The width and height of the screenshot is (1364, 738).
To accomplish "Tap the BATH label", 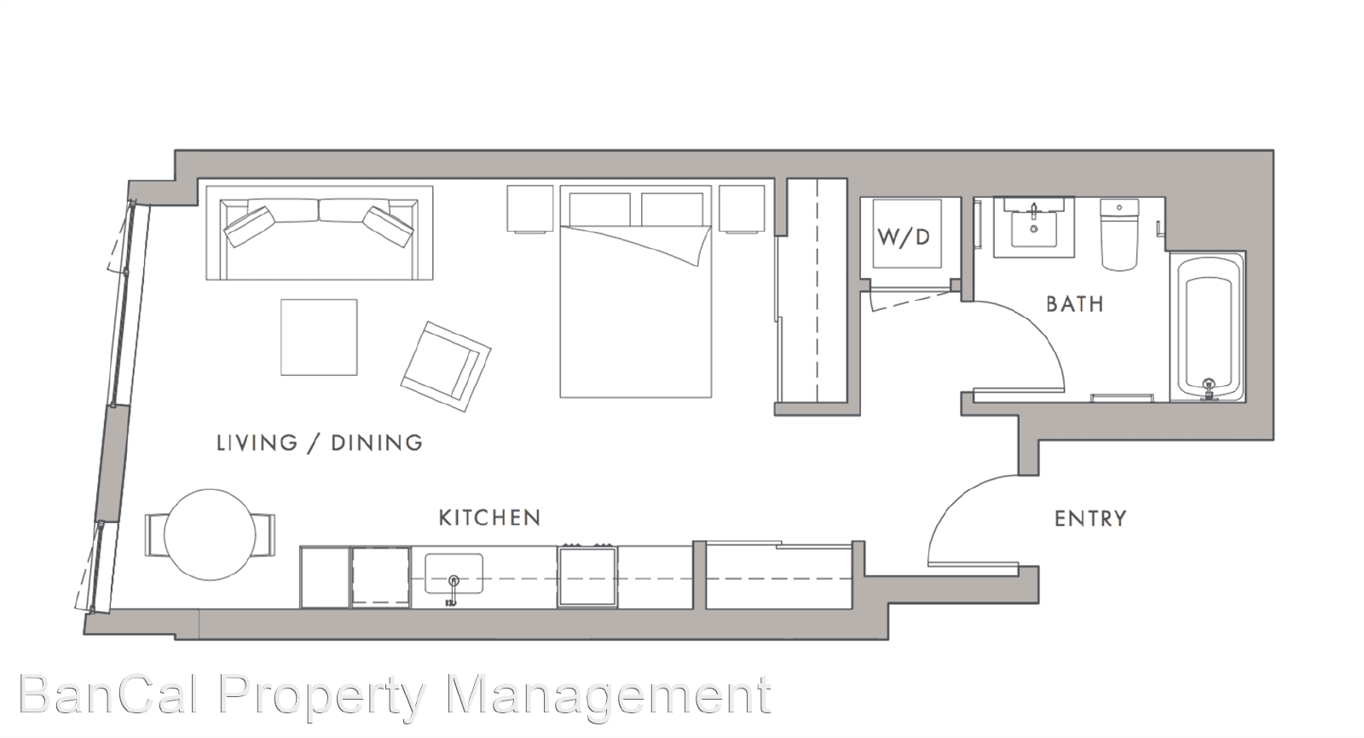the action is pyautogui.click(x=1075, y=304).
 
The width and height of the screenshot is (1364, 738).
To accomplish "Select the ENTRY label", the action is pyautogui.click(x=1090, y=519).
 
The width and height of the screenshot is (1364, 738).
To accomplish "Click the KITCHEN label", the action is pyautogui.click(x=489, y=517).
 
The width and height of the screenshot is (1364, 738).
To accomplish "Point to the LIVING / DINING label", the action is pyautogui.click(x=320, y=442).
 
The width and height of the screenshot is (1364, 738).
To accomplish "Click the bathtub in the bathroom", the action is pyautogui.click(x=1209, y=327).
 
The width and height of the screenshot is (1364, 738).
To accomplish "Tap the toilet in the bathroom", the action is pyautogui.click(x=1119, y=234).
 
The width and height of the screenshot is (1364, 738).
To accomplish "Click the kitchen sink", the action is pyautogui.click(x=454, y=574).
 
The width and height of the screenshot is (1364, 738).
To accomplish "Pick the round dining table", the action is pyautogui.click(x=210, y=534).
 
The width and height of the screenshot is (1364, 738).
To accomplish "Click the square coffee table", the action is pyautogui.click(x=319, y=337).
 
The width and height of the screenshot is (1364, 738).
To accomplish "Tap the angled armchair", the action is pyautogui.click(x=446, y=366).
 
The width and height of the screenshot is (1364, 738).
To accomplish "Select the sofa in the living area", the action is pyautogui.click(x=320, y=234).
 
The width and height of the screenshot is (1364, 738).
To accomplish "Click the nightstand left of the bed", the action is pyautogui.click(x=529, y=209).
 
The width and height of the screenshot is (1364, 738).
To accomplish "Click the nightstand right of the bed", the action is pyautogui.click(x=742, y=209).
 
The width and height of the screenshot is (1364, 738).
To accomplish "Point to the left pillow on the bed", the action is pyautogui.click(x=600, y=210).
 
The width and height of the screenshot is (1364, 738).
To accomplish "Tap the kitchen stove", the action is pyautogui.click(x=587, y=576).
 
